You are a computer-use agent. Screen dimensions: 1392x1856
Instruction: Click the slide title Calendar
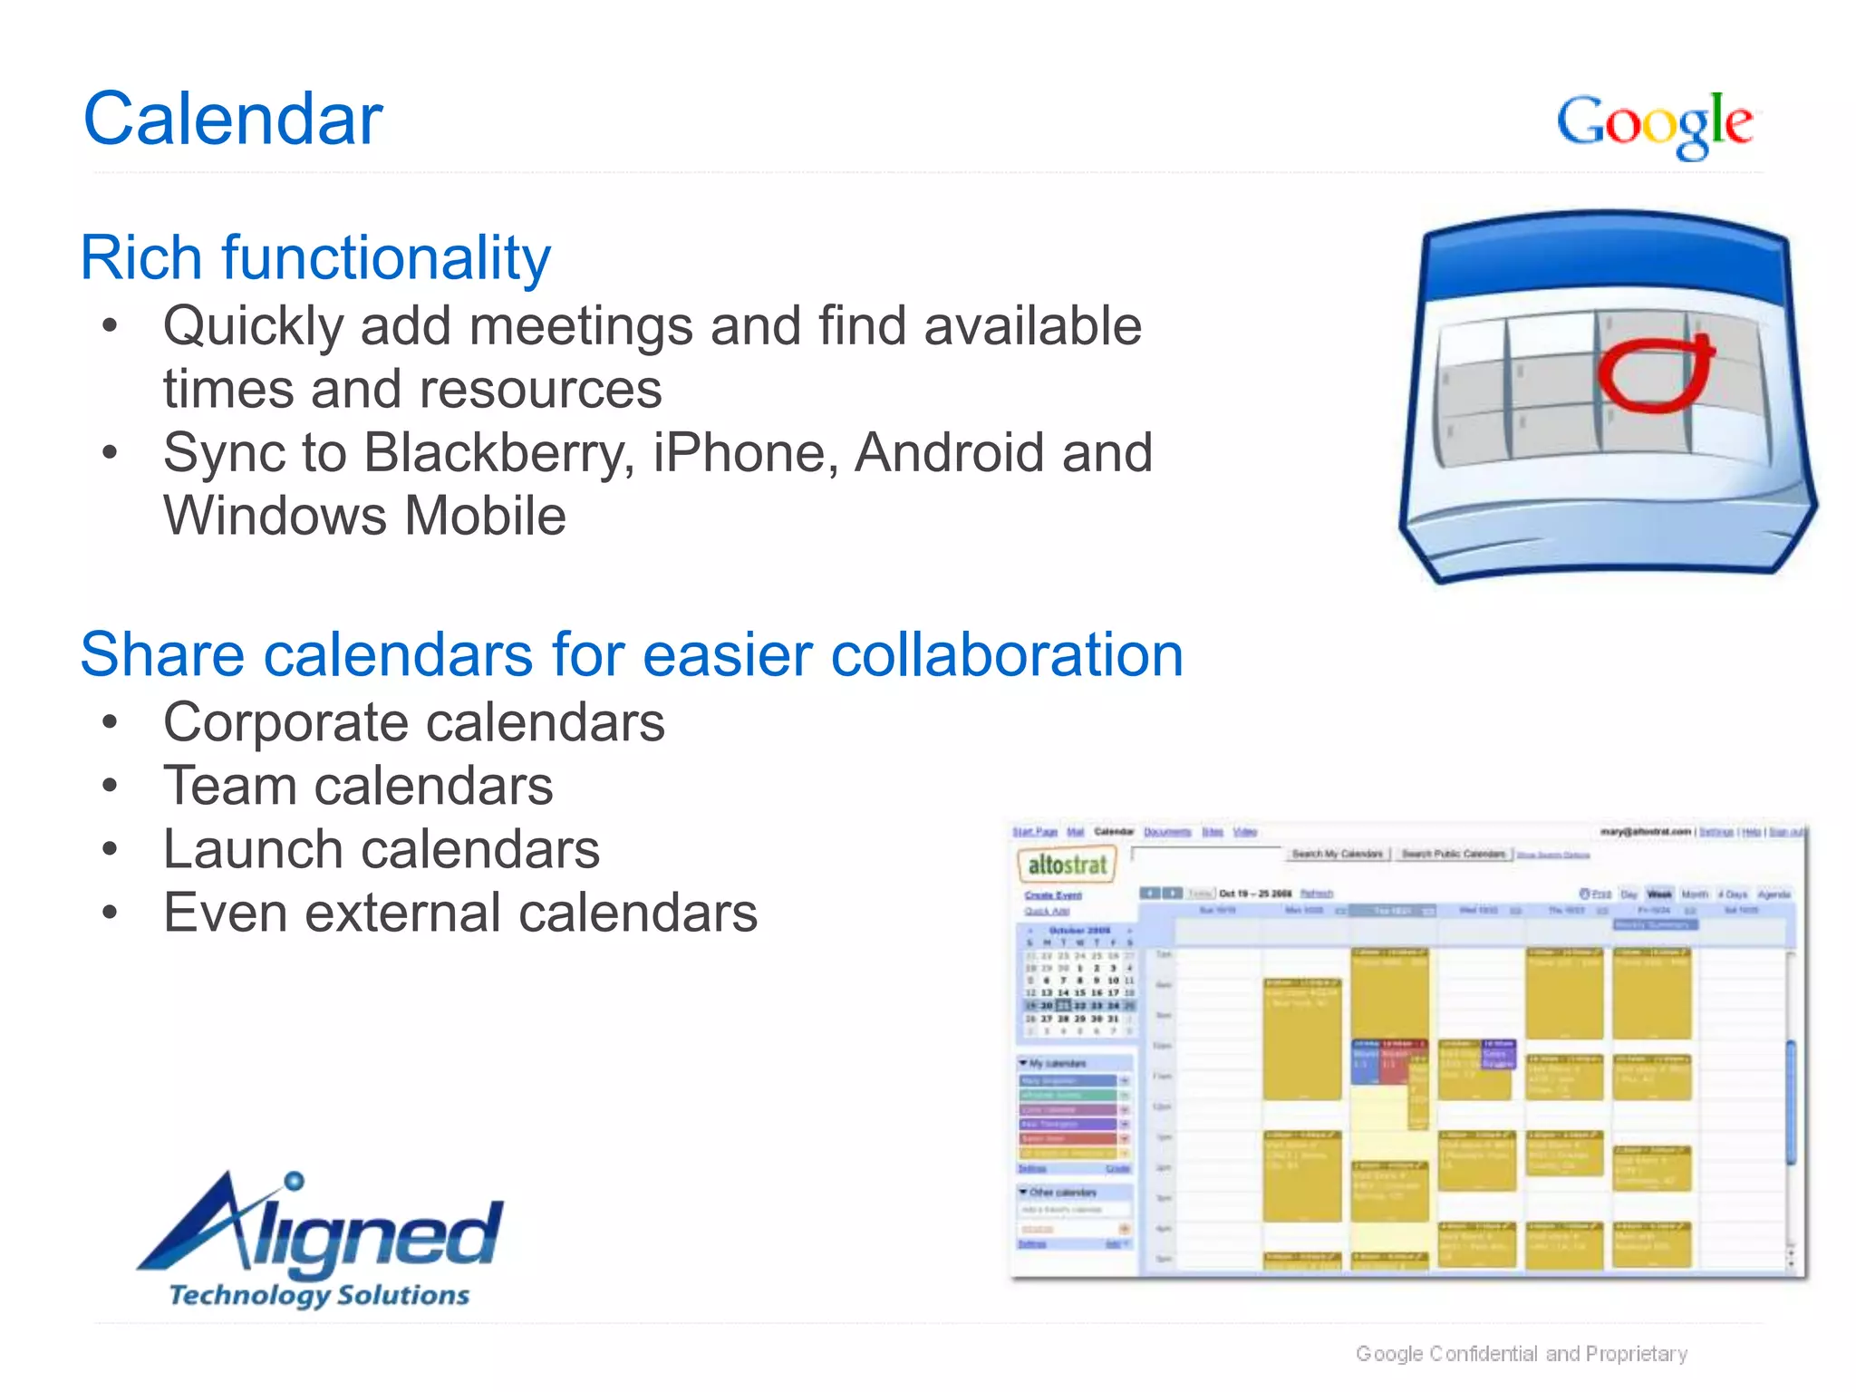pyautogui.click(x=233, y=119)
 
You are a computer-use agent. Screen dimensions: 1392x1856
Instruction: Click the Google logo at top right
pyautogui.click(x=1655, y=124)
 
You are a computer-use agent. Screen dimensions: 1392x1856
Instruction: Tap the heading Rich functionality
pyautogui.click(x=315, y=257)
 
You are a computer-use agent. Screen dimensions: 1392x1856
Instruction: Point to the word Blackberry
pyautogui.click(x=498, y=452)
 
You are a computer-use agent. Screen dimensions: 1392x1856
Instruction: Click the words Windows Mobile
pyautogui.click(x=364, y=516)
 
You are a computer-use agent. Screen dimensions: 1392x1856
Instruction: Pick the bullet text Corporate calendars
pyautogui.click(x=413, y=722)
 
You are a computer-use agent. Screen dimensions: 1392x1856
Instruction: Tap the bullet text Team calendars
pyautogui.click(x=358, y=786)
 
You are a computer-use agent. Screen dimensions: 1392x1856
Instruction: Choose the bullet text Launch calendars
pyautogui.click(x=381, y=849)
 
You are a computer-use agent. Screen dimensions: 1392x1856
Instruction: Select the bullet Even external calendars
pyautogui.click(x=459, y=913)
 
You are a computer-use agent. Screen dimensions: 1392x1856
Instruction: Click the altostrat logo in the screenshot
pyautogui.click(x=1068, y=865)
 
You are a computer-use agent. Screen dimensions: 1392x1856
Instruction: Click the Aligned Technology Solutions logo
pyautogui.click(x=322, y=1242)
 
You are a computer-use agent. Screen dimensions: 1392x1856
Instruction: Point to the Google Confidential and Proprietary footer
pyautogui.click(x=1521, y=1354)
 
